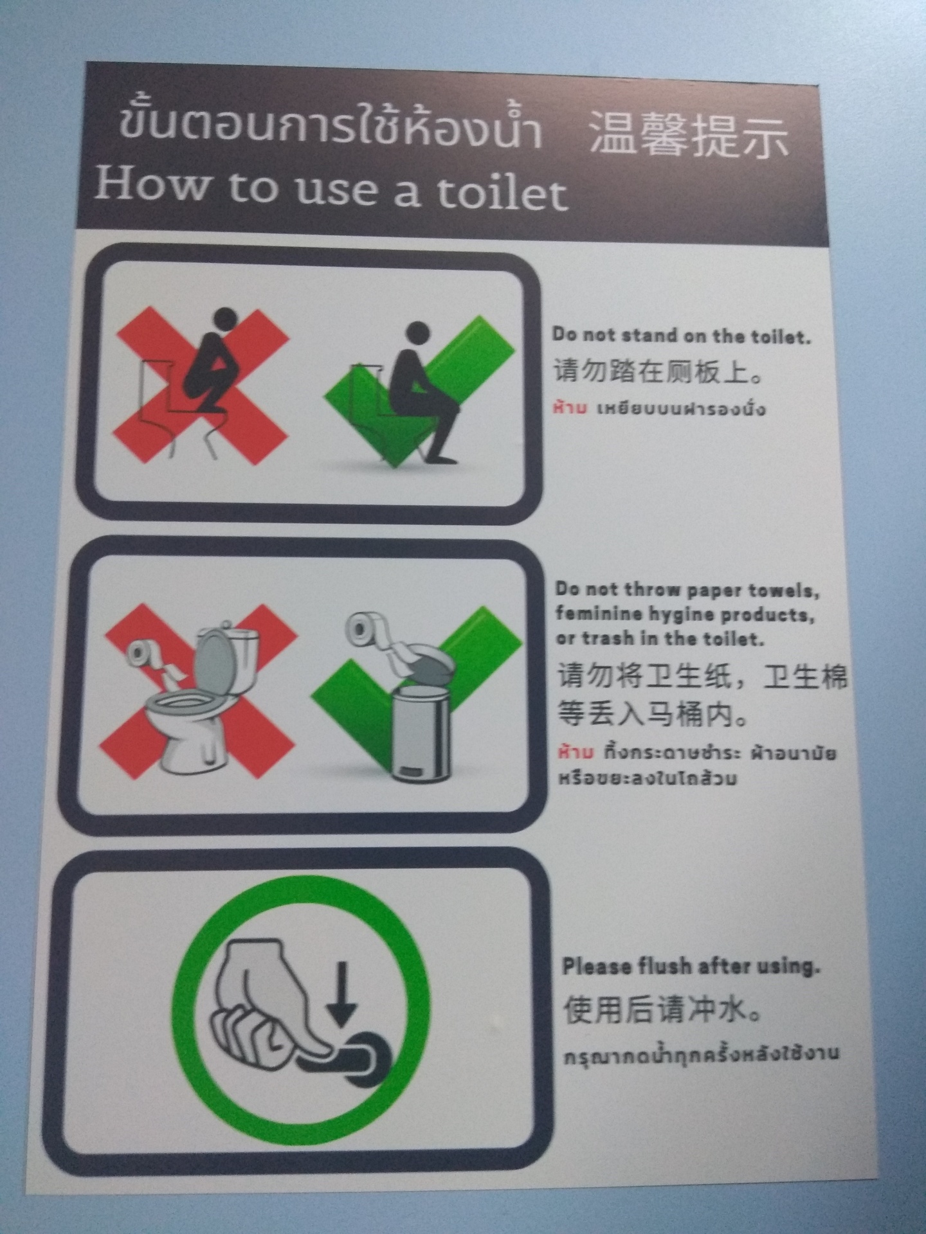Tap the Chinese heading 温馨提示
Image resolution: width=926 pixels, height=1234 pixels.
[x=689, y=134]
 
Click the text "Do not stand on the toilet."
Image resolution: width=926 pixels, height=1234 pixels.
[x=682, y=335]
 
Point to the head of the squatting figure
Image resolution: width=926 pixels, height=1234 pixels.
[x=224, y=319]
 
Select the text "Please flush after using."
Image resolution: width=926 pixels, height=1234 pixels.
[x=691, y=966]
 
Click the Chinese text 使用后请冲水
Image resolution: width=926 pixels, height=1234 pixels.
[x=663, y=1008]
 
